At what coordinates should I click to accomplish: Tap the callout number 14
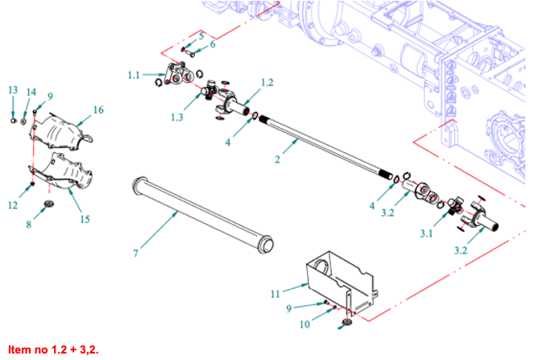[31, 91]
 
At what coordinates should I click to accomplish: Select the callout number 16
[98, 110]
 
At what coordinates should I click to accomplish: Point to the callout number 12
[13, 205]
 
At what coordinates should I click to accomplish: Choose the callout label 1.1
[134, 75]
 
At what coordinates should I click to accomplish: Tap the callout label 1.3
[177, 118]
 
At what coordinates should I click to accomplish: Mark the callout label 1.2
[267, 83]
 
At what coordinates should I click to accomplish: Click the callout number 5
[201, 36]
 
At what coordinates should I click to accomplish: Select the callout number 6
[213, 45]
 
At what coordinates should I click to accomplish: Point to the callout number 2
[277, 159]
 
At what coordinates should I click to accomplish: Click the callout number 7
[136, 254]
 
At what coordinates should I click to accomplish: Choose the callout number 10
[305, 325]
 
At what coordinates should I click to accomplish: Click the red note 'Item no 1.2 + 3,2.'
[52, 350]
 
